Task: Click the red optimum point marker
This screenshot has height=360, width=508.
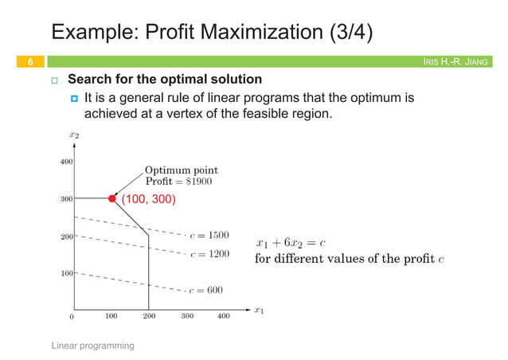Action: pyautogui.click(x=112, y=198)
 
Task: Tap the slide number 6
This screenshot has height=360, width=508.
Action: pyautogui.click(x=29, y=61)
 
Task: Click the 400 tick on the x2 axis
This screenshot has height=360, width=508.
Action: pyautogui.click(x=65, y=161)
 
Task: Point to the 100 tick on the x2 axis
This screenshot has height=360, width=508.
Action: pyautogui.click(x=67, y=273)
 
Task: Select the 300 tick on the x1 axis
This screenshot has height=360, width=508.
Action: pyautogui.click(x=187, y=316)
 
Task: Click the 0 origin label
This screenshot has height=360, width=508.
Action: pyautogui.click(x=72, y=316)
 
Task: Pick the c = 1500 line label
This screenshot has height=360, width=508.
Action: pyautogui.click(x=210, y=236)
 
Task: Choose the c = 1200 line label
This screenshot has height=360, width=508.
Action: pyautogui.click(x=210, y=254)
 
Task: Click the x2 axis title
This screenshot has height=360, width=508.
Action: pyautogui.click(x=74, y=137)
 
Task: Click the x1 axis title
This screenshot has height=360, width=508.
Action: pyautogui.click(x=259, y=310)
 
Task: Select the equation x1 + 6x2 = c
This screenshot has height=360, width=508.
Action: pyautogui.click(x=291, y=242)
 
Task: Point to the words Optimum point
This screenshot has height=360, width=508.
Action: pyautogui.click(x=181, y=170)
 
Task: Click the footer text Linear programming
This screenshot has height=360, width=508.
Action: pyautogui.click(x=93, y=346)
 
